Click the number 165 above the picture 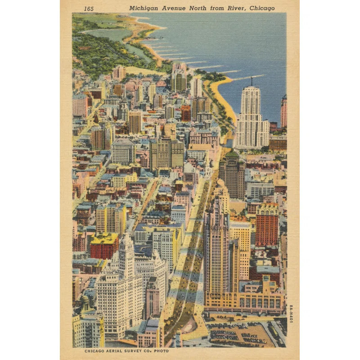pyautogui.click(x=89, y=9)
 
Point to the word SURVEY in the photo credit pyautogui.click(x=134, y=351)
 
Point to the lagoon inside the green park pyautogui.click(x=108, y=34)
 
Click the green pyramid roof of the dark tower pyautogui.click(x=232, y=154)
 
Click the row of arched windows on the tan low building pyautogui.click(x=261, y=301)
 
